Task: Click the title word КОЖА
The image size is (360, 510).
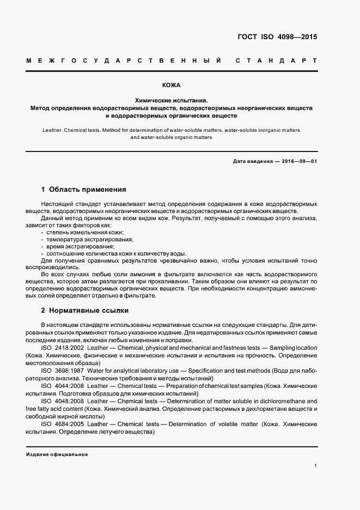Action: tap(172, 86)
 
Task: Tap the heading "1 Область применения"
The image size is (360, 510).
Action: tap(83, 190)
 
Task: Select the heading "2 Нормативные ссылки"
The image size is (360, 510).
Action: tap(85, 311)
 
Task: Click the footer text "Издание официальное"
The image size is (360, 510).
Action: tap(57, 454)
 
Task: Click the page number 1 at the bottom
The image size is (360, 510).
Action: tap(316, 466)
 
